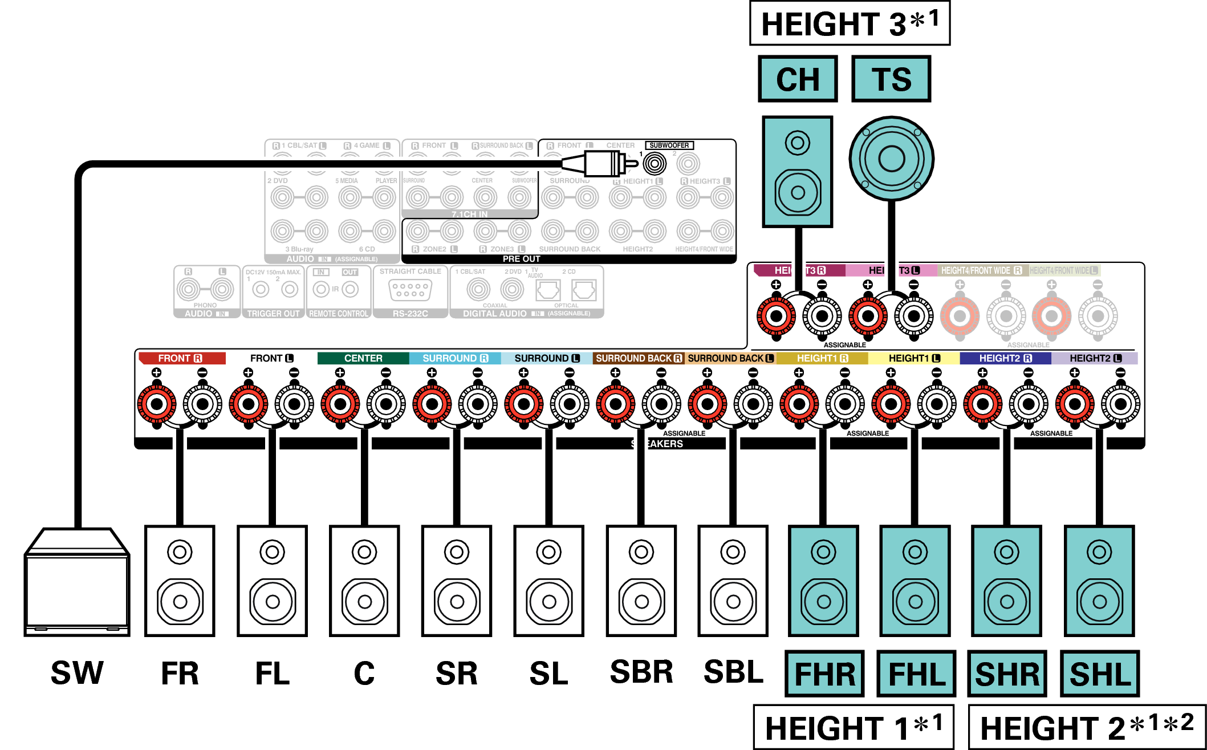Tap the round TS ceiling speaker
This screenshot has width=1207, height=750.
pos(891,158)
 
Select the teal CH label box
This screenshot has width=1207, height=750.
pos(797,79)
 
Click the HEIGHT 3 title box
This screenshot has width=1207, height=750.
pos(849,23)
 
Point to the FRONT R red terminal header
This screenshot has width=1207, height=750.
pos(181,358)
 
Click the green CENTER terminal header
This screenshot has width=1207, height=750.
pos(363,358)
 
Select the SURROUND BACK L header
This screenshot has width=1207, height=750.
pos(730,358)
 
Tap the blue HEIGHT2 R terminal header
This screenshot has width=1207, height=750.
pos(1005,358)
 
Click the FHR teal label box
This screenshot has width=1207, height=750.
pos(824,674)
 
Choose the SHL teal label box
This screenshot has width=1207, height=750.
pos(1099,674)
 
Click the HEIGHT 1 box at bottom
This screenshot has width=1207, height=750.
pos(853,727)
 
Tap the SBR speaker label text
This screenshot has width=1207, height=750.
pos(641,672)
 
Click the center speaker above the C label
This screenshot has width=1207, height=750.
pos(364,581)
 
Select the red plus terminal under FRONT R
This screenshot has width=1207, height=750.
pos(157,404)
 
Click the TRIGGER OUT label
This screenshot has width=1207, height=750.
pos(273,314)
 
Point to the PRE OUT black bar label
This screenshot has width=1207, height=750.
pos(521,259)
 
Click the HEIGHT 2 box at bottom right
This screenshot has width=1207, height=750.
pos(1087,727)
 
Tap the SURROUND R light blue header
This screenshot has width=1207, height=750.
pos(454,358)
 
